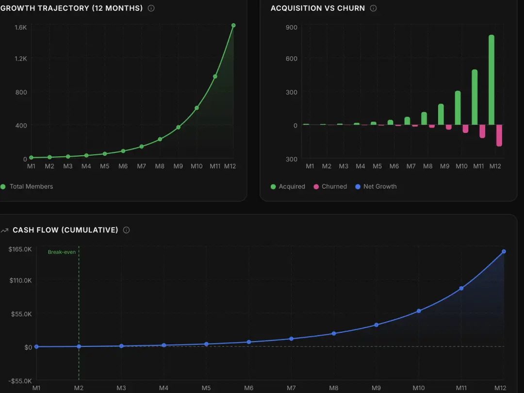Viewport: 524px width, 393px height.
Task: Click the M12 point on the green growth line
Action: (233, 25)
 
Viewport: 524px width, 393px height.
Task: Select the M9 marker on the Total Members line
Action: (178, 127)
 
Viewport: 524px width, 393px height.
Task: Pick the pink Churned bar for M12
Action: (499, 135)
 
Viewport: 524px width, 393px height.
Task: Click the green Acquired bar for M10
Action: (458, 108)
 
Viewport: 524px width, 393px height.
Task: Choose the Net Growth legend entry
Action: (376, 186)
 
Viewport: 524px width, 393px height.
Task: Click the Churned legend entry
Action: (330, 186)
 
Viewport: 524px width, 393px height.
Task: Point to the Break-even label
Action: (62, 252)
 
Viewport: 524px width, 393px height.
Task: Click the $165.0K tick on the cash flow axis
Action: (20, 249)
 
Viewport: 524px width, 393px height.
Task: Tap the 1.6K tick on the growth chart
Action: (20, 28)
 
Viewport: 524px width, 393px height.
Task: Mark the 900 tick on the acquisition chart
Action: (291, 28)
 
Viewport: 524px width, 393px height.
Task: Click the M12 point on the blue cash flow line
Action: (504, 251)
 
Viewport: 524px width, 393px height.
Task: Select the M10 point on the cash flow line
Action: (419, 311)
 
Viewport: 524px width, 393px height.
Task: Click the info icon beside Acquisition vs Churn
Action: (373, 8)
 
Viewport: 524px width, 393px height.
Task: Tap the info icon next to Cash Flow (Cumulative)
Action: (126, 230)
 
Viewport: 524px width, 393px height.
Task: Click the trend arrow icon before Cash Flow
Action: (5, 230)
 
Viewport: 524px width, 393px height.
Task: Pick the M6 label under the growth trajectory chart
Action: (123, 166)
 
